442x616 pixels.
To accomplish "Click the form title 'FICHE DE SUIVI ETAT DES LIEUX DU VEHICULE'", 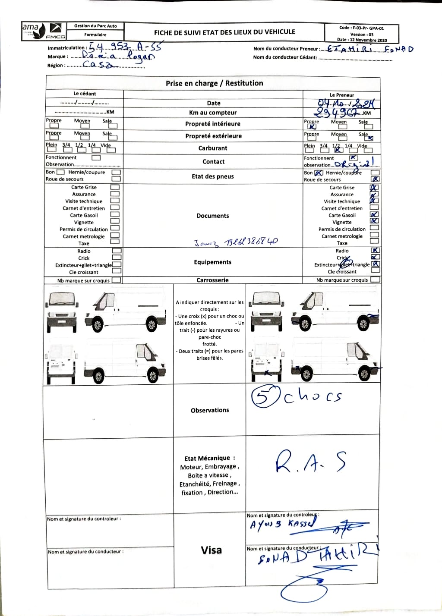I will pos(224,32).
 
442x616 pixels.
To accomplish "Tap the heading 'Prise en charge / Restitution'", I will pos(214,83).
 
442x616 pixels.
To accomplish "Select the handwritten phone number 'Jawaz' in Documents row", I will pos(236,242).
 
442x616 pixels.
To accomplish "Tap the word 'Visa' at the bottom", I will pos(211,550).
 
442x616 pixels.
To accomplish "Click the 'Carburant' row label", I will pos(213,148).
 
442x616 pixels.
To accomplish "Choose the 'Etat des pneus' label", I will pos(213,176).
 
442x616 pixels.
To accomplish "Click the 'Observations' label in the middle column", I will pos(210,410).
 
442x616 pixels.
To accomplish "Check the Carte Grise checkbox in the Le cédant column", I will pos(115,187).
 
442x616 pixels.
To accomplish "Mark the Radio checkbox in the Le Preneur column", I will pos(376,251).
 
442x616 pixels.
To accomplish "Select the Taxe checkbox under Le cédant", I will pos(115,243).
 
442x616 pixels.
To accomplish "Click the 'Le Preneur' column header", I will pos(342,95).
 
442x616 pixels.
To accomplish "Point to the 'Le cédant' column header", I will pos(85,94).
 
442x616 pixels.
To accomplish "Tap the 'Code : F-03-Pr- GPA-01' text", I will pos(361,28).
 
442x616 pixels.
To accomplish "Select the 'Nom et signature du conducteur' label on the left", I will pos(85,552).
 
